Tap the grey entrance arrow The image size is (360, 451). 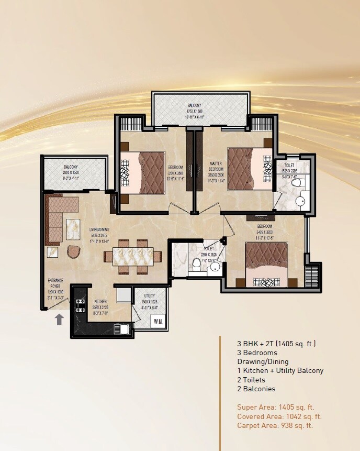[60, 318]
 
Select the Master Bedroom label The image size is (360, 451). [216, 166]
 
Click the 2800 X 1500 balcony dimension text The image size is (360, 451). [71, 172]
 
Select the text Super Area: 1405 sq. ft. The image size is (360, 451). [275, 407]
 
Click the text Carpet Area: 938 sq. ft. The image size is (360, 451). [275, 426]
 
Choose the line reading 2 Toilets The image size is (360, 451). [251, 380]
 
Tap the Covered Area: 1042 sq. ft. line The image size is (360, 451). [279, 416]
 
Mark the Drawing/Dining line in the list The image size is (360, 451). [263, 361]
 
